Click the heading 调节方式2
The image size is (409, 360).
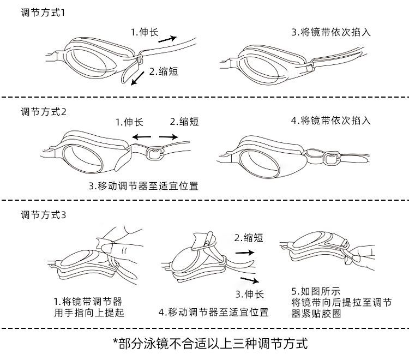click(44, 112)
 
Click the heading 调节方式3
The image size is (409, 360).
click(44, 214)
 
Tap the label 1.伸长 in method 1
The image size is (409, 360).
click(144, 32)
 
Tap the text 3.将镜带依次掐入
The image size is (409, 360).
click(331, 32)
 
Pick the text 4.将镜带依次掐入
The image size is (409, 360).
click(331, 121)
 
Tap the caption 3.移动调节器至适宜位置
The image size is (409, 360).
click(143, 186)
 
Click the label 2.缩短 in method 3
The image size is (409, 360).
click(249, 238)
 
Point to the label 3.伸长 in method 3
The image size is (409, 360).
click(249, 295)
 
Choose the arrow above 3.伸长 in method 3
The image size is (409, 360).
click(249, 280)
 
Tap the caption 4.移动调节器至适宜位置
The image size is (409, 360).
click(214, 313)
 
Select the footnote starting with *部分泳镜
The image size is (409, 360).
click(210, 344)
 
